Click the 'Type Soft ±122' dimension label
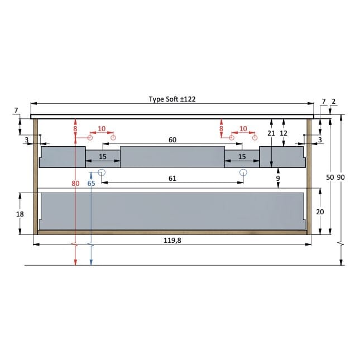point(172,99)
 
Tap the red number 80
point(75,183)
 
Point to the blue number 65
point(91,183)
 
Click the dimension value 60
point(172,140)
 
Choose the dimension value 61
point(172,179)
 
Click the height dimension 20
point(320,212)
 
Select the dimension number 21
point(271,133)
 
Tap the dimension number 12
point(284,133)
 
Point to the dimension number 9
point(278,179)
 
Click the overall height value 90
point(341,177)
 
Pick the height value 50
point(330,177)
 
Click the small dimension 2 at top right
point(334,101)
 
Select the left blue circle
point(102,172)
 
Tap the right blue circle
point(243,172)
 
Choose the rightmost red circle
point(254,137)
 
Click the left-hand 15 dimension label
point(103,157)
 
